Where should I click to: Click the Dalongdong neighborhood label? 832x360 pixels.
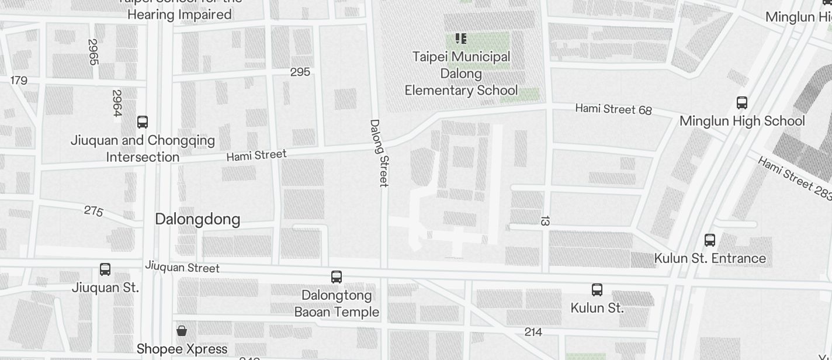pyautogui.click(x=197, y=219)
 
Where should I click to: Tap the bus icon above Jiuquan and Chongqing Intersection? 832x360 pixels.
pyautogui.click(x=143, y=122)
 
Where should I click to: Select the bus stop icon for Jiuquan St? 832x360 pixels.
pyautogui.click(x=105, y=269)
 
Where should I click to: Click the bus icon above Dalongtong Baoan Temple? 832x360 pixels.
pyautogui.click(x=337, y=277)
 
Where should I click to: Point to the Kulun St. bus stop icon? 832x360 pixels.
pyautogui.click(x=597, y=289)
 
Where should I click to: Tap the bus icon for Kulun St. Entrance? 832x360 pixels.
pyautogui.click(x=710, y=240)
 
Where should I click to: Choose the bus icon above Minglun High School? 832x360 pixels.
pyautogui.click(x=742, y=103)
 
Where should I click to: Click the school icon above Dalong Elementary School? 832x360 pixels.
pyautogui.click(x=461, y=39)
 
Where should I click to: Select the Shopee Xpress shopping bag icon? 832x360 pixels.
pyautogui.click(x=182, y=331)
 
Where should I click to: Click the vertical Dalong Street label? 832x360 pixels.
pyautogui.click(x=379, y=153)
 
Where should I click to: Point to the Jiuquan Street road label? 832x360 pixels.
pyautogui.click(x=182, y=267)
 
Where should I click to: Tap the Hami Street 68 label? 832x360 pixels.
pyautogui.click(x=613, y=109)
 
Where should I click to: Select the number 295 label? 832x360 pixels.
pyautogui.click(x=300, y=72)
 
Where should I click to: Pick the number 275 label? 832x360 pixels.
pyautogui.click(x=93, y=210)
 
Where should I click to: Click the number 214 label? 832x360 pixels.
pyautogui.click(x=533, y=332)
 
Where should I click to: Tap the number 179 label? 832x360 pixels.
pyautogui.click(x=19, y=80)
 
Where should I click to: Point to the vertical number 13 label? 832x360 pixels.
pyautogui.click(x=545, y=221)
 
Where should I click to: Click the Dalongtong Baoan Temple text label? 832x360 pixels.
pyautogui.click(x=337, y=303)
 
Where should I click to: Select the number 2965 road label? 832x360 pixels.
pyautogui.click(x=92, y=52)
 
